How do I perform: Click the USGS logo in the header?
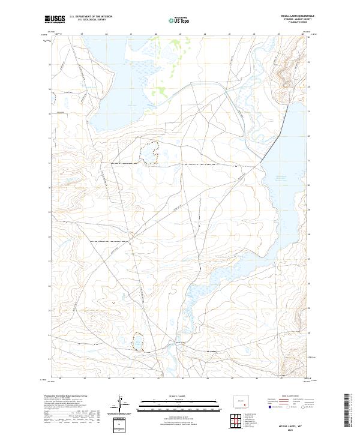(x=55, y=19)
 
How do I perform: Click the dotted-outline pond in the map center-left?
(x=149, y=152)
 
